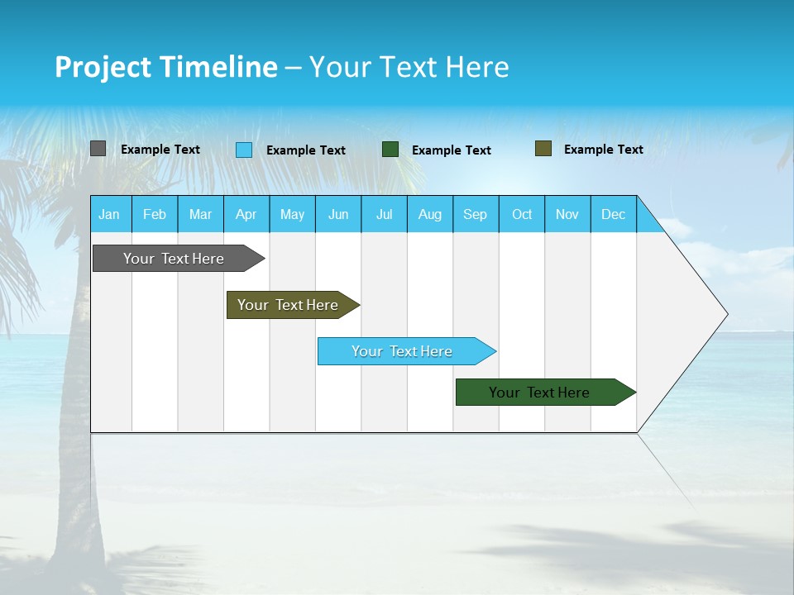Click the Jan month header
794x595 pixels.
tap(109, 214)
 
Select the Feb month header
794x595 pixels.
tap(155, 214)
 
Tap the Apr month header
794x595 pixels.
tap(246, 214)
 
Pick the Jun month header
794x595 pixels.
tap(338, 214)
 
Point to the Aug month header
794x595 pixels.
tap(429, 214)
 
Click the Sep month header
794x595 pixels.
tap(475, 214)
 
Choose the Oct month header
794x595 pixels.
tap(522, 214)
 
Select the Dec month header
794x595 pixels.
tap(613, 214)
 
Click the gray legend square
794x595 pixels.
tap(98, 149)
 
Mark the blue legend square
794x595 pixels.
tap(244, 150)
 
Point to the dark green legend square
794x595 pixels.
tap(390, 150)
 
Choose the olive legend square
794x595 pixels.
tap(543, 149)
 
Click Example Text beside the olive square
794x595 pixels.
tap(603, 150)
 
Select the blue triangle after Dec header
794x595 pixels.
tap(647, 221)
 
